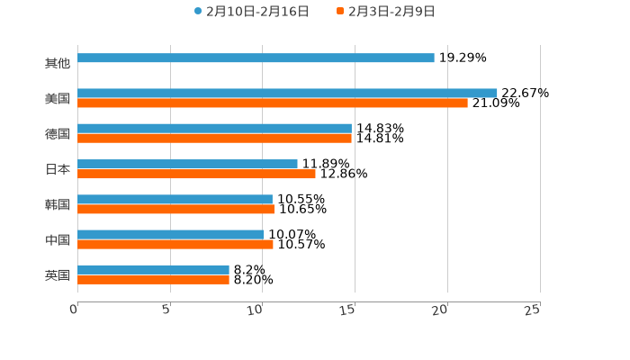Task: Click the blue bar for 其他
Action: (256, 58)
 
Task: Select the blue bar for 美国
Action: (287, 93)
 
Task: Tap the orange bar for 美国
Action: (273, 103)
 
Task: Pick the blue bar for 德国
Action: (214, 128)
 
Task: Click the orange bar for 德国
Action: (214, 139)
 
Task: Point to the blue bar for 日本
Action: (187, 164)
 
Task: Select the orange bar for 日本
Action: (196, 174)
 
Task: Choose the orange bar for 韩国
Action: (175, 209)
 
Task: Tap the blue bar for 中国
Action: (171, 234)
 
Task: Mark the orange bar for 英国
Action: (153, 280)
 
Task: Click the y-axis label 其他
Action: (58, 63)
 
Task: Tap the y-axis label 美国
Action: (58, 98)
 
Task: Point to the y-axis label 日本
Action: (58, 169)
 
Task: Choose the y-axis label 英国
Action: (58, 274)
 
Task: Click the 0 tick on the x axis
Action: (75, 310)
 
